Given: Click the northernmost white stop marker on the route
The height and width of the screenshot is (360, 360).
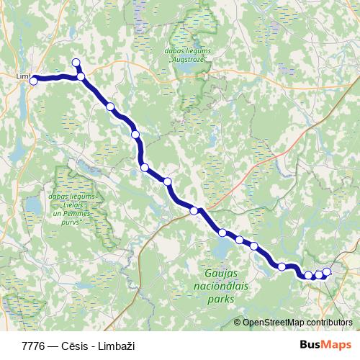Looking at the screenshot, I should (x=76, y=63).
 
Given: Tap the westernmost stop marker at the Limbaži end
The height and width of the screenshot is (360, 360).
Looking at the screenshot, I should (x=33, y=81).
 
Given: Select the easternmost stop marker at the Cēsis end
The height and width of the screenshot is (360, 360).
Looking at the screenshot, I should (x=327, y=271).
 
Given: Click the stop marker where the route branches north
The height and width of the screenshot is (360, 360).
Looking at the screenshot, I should (x=81, y=76).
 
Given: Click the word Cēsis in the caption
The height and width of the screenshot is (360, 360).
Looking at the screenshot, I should (x=73, y=346).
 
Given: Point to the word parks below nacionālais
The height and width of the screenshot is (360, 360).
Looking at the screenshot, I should (x=221, y=298).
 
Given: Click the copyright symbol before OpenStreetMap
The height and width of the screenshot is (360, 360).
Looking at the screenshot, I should (x=238, y=323).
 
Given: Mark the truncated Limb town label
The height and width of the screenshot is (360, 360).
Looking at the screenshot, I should (x=23, y=75).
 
